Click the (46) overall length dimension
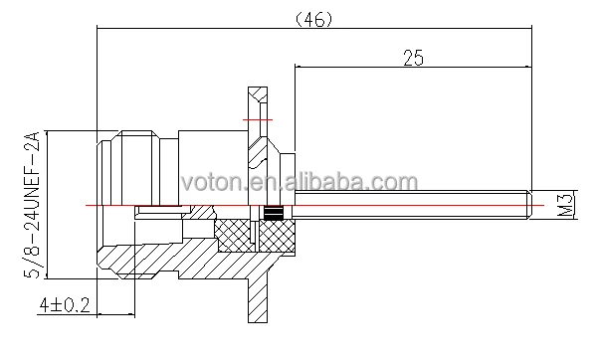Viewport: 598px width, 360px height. (314, 20)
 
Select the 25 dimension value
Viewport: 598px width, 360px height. (413, 58)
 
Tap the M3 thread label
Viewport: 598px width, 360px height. (566, 205)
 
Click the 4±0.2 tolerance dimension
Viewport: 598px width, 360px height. (65, 305)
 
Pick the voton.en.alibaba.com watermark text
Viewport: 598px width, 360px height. (299, 182)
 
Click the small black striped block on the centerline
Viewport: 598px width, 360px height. (273, 213)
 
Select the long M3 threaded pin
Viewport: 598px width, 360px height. (413, 205)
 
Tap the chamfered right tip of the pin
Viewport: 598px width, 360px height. (529, 205)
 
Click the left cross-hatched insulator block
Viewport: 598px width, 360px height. (234, 236)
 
